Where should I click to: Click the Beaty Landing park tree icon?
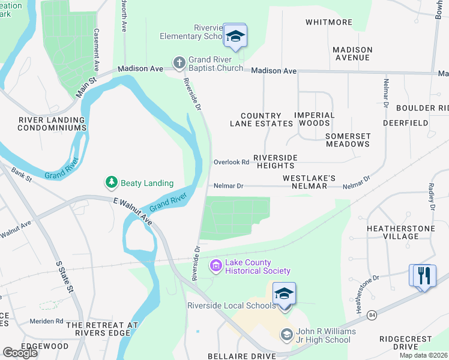[x=111, y=182]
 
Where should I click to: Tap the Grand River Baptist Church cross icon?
[x=179, y=62]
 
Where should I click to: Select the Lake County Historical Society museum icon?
[x=215, y=266]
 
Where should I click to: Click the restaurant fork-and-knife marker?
[x=424, y=275]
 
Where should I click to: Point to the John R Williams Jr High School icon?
[x=286, y=334]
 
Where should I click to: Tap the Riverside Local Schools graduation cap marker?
[x=284, y=293]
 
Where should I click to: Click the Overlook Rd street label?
[x=231, y=163]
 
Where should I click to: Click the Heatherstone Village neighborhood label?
[x=393, y=232]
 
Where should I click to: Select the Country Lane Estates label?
[x=261, y=119]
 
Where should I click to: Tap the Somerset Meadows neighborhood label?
[x=348, y=140]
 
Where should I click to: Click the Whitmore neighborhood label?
[x=328, y=22]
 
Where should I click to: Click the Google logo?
[x=20, y=352]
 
